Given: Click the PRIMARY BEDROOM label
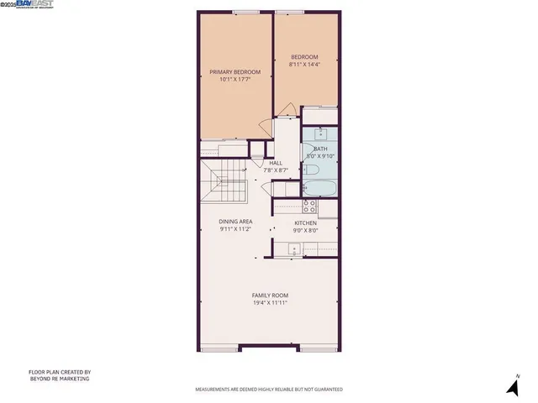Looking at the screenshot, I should pos(235,72).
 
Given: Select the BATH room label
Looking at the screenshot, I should pos(320,149).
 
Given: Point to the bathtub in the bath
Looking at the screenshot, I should pos(320,188).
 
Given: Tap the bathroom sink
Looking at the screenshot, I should pos(321,133).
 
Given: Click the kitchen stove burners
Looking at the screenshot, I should pos(309,205).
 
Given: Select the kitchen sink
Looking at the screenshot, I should pos(294,249).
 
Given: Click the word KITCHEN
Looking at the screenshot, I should pos(304,222).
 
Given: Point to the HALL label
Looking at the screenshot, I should pos(276,163).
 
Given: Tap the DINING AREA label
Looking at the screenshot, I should pos(235,222).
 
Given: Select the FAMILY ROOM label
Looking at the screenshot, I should pos(270,296).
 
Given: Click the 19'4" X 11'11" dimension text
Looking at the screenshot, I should pos(270,303).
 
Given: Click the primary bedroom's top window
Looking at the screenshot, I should pos(245,12).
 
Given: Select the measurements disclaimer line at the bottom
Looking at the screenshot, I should pos(269,390).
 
